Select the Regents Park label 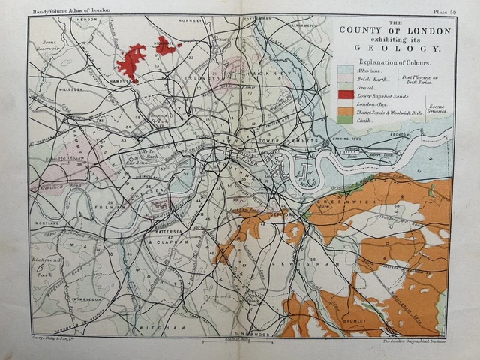[159, 118]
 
